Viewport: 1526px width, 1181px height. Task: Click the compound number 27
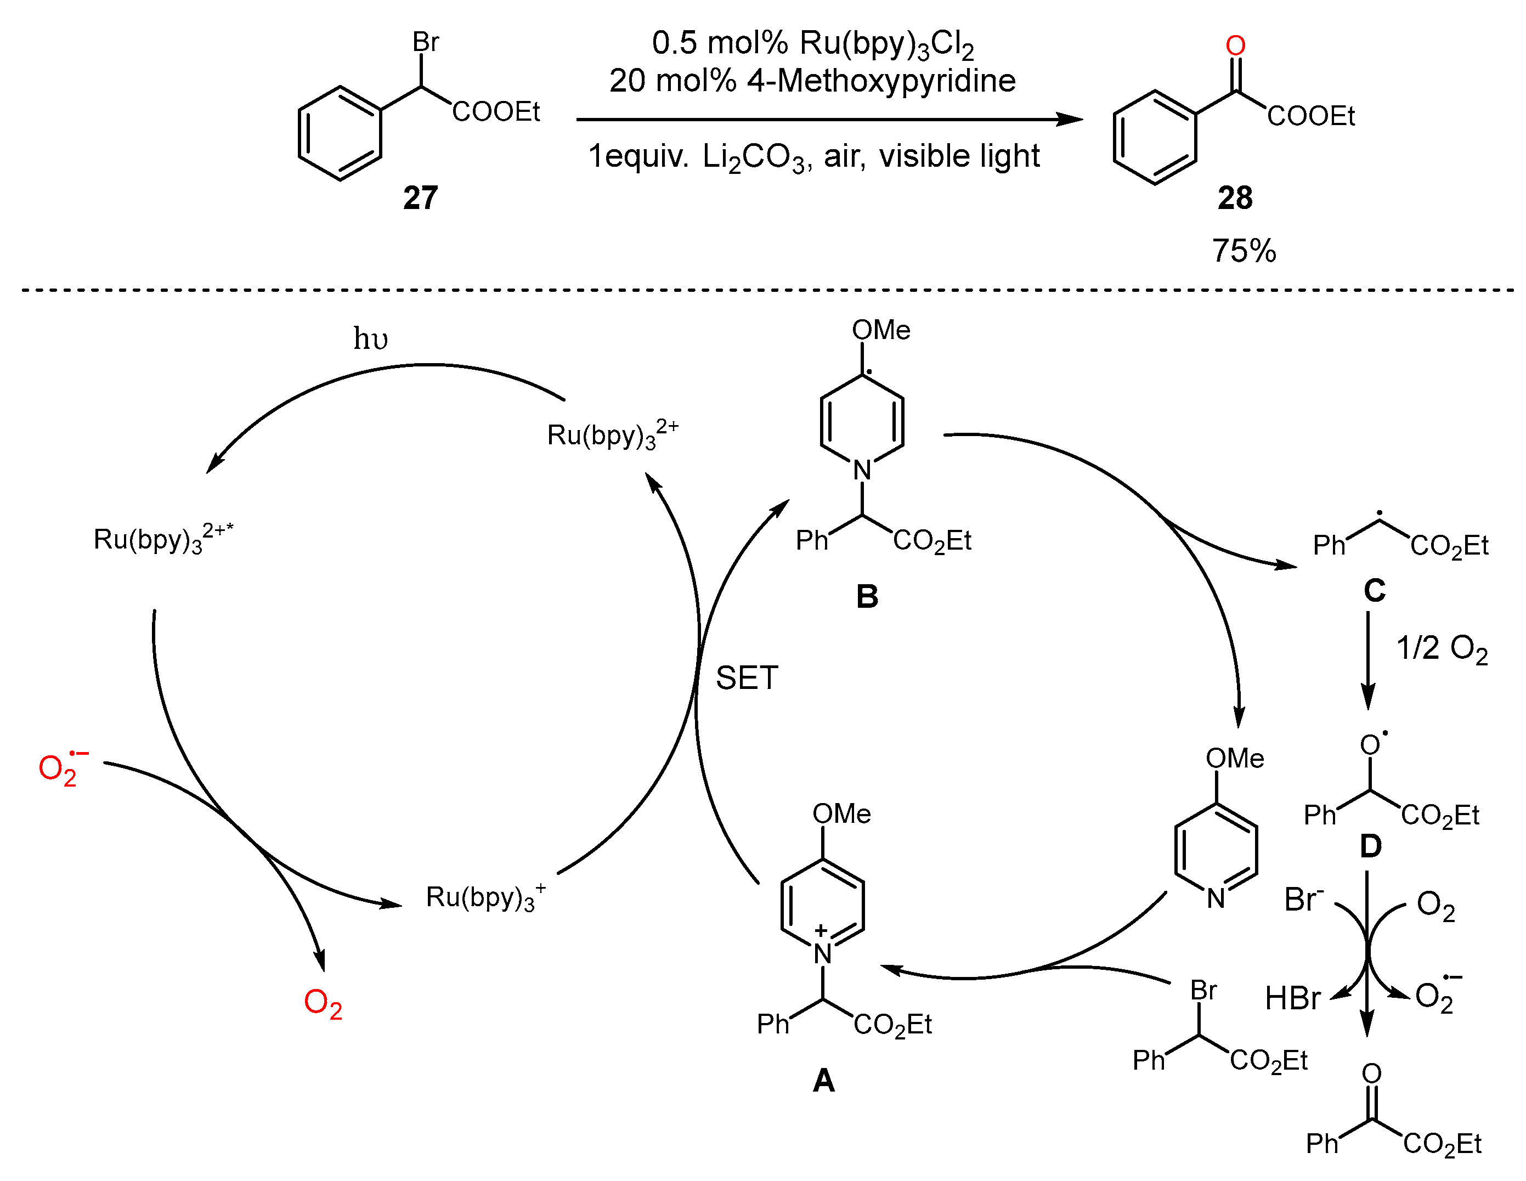tap(420, 198)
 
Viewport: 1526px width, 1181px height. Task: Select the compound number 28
tap(1235, 198)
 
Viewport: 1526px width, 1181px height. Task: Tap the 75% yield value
tap(1244, 251)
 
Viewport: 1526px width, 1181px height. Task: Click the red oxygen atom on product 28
tap(1235, 46)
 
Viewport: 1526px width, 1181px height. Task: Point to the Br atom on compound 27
tap(426, 42)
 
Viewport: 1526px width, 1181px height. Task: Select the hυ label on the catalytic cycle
tap(370, 339)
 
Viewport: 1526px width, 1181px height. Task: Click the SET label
tap(746, 678)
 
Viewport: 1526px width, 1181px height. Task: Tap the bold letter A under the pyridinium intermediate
tap(824, 1081)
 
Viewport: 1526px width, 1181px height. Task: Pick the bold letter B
tap(867, 596)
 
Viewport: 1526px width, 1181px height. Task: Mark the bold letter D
tap(1370, 846)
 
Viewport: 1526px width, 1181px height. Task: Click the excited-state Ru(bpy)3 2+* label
tap(162, 538)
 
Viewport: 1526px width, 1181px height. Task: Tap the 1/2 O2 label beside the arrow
tap(1442, 648)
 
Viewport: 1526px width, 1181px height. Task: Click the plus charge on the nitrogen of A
tap(821, 930)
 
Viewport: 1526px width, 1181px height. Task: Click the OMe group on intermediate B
tap(880, 330)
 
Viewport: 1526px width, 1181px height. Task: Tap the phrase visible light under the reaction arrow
tap(959, 156)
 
